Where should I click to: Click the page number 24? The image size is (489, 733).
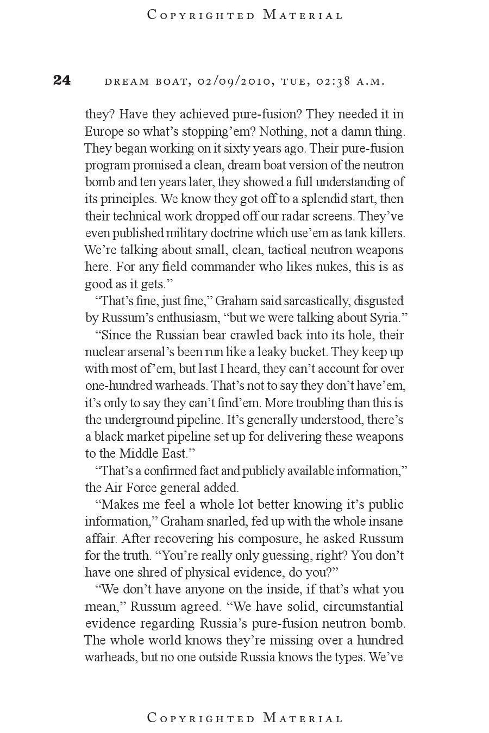click(62, 80)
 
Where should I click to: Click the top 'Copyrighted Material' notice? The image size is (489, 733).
click(245, 15)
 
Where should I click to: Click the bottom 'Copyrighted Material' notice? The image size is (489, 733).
click(245, 718)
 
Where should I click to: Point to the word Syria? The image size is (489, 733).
click(387, 318)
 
